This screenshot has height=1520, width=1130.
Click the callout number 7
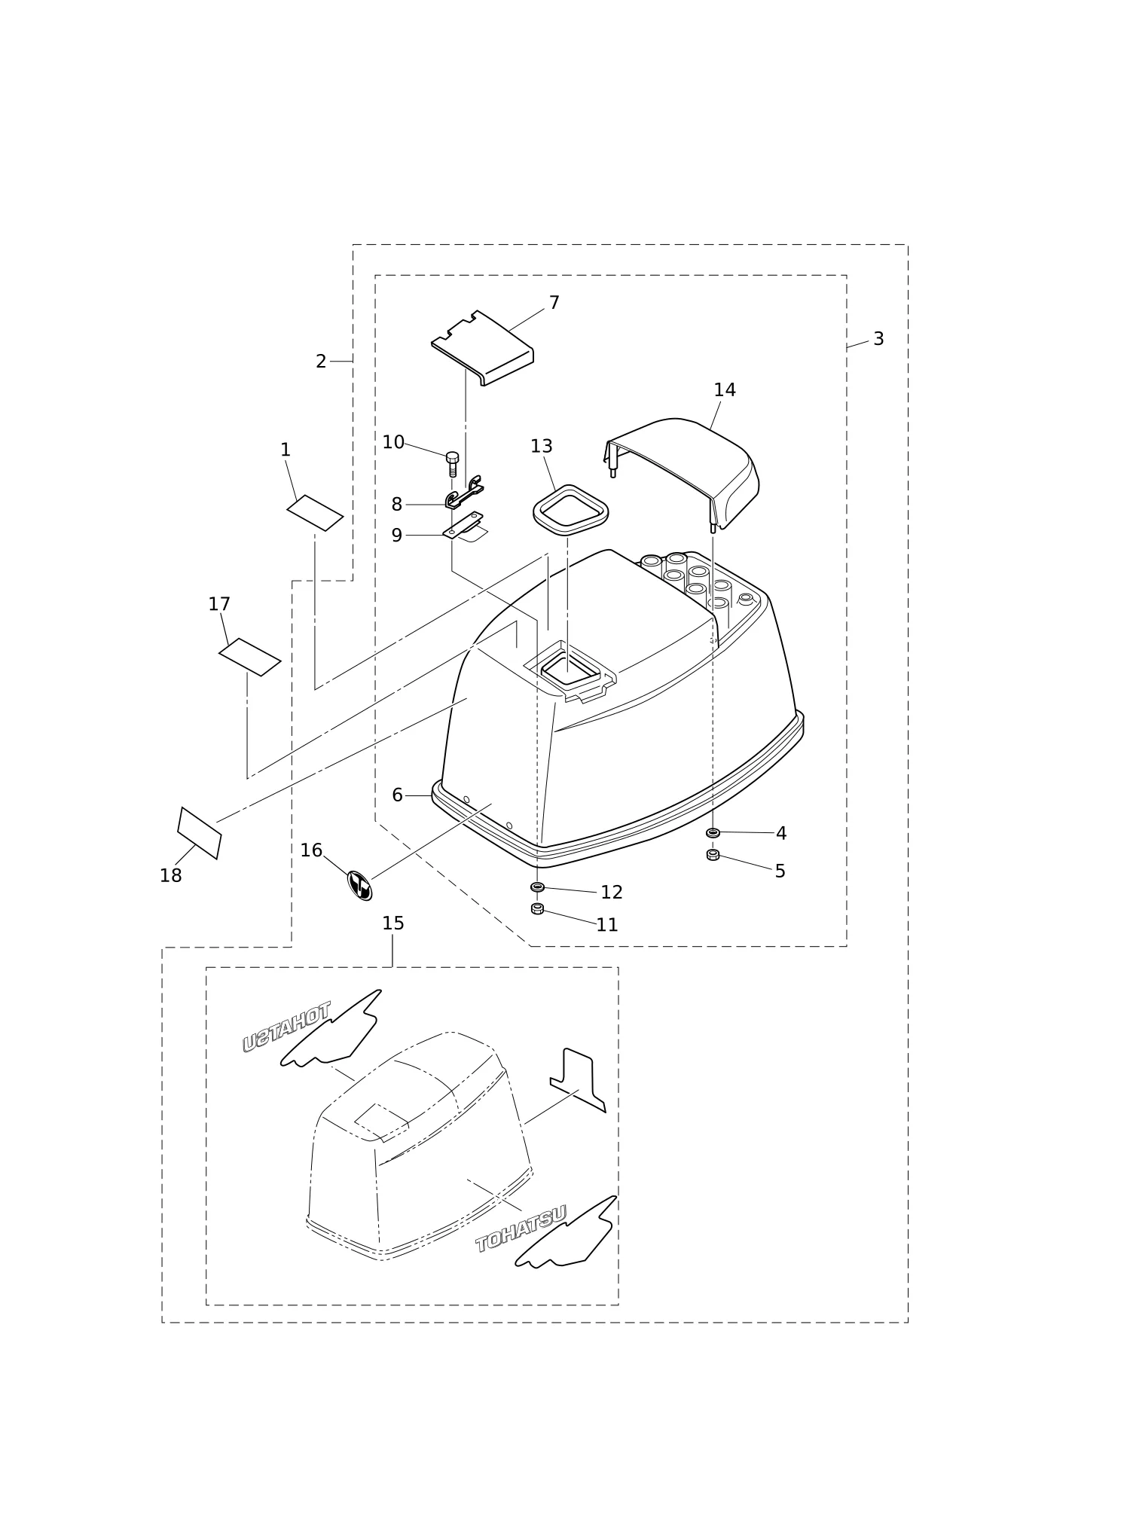coord(554,303)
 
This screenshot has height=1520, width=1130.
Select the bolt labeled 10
coord(452,464)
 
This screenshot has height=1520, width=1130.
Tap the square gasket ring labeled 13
coord(570,511)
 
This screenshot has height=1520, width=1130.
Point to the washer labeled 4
coord(713,832)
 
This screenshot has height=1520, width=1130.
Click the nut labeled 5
coord(713,855)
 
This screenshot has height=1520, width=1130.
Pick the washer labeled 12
coord(537,887)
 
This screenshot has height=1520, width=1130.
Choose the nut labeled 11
coord(537,908)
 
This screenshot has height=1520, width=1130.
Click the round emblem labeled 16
coord(359,886)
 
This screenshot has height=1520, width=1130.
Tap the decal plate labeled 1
coord(315,513)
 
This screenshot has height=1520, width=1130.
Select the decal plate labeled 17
coord(250,657)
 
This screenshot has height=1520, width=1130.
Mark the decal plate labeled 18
coord(200,833)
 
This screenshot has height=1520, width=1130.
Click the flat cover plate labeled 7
coord(482,348)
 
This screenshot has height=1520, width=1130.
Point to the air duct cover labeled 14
coord(681,472)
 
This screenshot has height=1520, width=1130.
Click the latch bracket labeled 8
coord(464,493)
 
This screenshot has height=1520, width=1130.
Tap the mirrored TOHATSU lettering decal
coord(286,1027)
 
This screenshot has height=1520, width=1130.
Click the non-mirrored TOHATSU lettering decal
coord(521,1229)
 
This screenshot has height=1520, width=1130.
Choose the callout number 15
coord(393,923)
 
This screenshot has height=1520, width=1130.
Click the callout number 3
coord(878,339)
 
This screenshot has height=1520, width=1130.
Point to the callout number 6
coord(398,795)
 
